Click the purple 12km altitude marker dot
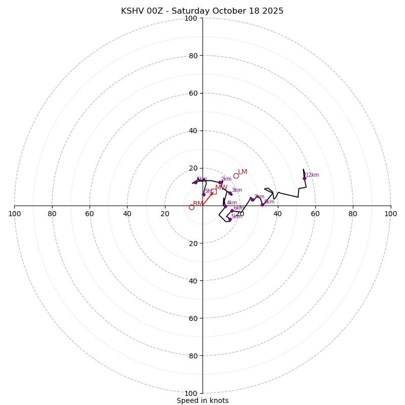(304, 178)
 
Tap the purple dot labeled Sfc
(204, 194)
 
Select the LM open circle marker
(236, 176)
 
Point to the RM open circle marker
(191, 207)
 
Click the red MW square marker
(214, 191)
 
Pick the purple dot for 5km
(230, 219)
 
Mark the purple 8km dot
(262, 205)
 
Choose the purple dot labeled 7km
(252, 199)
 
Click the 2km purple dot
(220, 182)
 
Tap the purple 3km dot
(230, 193)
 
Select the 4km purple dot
(225, 206)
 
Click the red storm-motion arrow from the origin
(208, 199)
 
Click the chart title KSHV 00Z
(202, 11)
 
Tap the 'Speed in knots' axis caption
(202, 400)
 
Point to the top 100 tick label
(191, 18)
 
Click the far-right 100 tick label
(390, 214)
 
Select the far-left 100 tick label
(15, 214)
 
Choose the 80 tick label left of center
(52, 214)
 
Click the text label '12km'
(312, 175)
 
